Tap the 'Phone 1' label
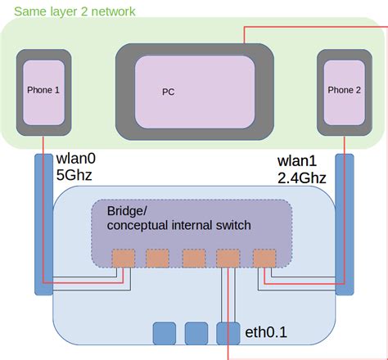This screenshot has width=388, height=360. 44,91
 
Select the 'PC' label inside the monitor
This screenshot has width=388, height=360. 169,92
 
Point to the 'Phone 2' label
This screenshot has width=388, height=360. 344,91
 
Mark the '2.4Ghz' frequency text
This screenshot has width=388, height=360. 302,177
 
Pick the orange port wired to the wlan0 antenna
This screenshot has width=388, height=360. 122,258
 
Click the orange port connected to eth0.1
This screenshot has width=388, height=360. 228,258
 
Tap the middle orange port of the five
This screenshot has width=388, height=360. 193,258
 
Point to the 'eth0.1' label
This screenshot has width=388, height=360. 266,332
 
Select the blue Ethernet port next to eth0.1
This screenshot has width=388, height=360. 228,332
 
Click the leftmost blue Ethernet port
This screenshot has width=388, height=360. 164,332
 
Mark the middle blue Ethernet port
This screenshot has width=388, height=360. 196,332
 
